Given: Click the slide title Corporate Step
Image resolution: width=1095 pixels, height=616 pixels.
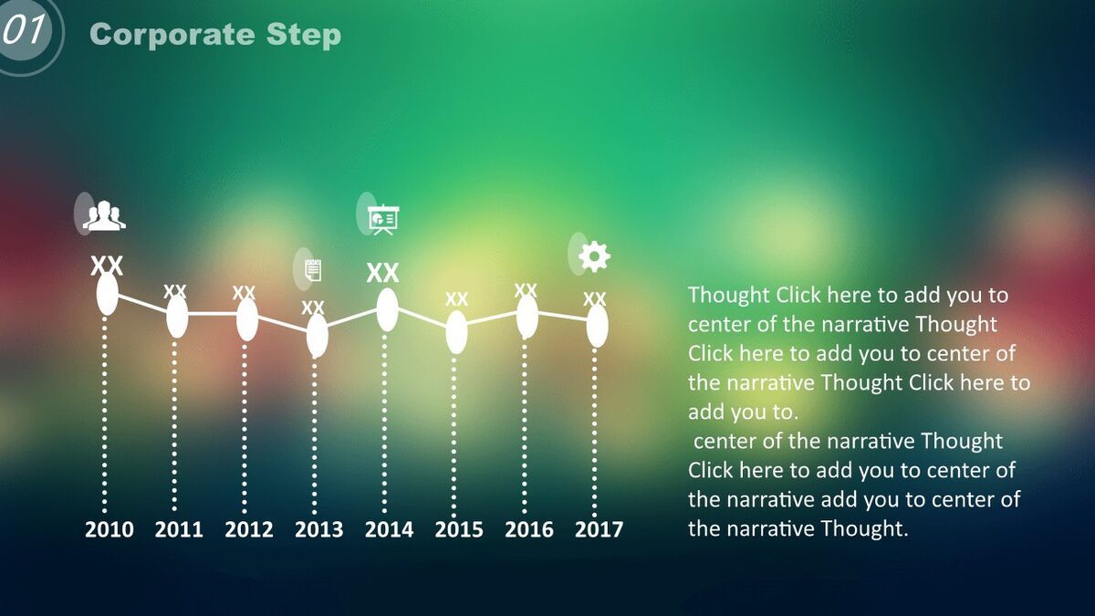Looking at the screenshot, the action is (x=215, y=35).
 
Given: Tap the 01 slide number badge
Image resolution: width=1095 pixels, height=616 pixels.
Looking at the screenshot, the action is (x=25, y=30).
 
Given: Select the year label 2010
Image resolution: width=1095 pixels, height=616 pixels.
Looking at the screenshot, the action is (x=109, y=529).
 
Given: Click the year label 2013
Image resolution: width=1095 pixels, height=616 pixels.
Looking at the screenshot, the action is (x=318, y=529).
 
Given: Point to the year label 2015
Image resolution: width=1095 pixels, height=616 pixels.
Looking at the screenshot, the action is (x=458, y=529).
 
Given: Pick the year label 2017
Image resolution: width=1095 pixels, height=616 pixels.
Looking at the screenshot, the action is (x=599, y=529).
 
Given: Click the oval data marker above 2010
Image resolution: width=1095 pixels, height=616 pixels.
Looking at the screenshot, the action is (x=108, y=294).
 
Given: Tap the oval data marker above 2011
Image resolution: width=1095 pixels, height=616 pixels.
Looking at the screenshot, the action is (x=177, y=317).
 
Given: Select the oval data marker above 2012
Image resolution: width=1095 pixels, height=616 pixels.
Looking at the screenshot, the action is (x=247, y=319).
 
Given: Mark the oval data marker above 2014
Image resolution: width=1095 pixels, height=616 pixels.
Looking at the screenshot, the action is (x=387, y=310).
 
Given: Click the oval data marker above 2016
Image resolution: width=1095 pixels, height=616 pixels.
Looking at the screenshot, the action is (x=527, y=317).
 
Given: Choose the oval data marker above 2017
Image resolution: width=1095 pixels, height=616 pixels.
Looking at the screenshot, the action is (x=598, y=326).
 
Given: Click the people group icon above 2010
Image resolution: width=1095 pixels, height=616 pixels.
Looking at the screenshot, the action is (x=104, y=215).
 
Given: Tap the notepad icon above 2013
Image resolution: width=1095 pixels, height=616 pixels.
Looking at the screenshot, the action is (x=313, y=270).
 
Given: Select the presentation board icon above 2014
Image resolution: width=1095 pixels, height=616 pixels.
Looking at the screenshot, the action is (x=383, y=220).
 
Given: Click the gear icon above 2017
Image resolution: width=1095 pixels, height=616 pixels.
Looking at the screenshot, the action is (x=594, y=256).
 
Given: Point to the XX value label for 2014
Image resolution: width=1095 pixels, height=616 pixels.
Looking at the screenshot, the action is (x=382, y=273).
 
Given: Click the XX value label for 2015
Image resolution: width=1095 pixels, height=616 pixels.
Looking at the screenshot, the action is (x=456, y=298).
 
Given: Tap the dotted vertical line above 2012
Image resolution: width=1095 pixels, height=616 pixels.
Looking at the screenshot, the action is (x=245, y=428).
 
